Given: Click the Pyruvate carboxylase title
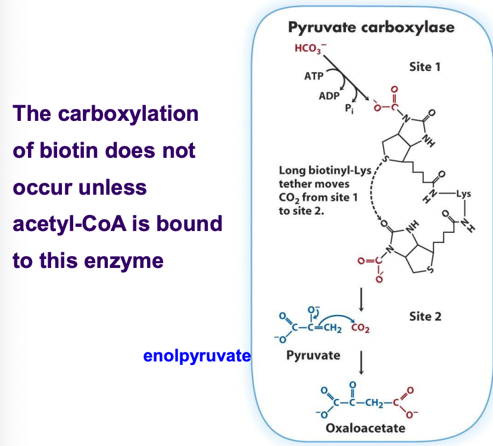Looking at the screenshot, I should pyautogui.click(x=370, y=27).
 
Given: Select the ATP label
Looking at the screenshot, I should pyautogui.click(x=314, y=76).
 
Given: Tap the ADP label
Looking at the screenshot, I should pyautogui.click(x=329, y=96).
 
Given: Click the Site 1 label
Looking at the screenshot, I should pyautogui.click(x=425, y=67).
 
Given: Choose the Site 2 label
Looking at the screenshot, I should pyautogui.click(x=425, y=316).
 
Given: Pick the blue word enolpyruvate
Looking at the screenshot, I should pyautogui.click(x=197, y=356).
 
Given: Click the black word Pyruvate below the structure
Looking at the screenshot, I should pyautogui.click(x=313, y=355).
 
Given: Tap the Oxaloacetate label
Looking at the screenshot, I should pyautogui.click(x=366, y=428).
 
